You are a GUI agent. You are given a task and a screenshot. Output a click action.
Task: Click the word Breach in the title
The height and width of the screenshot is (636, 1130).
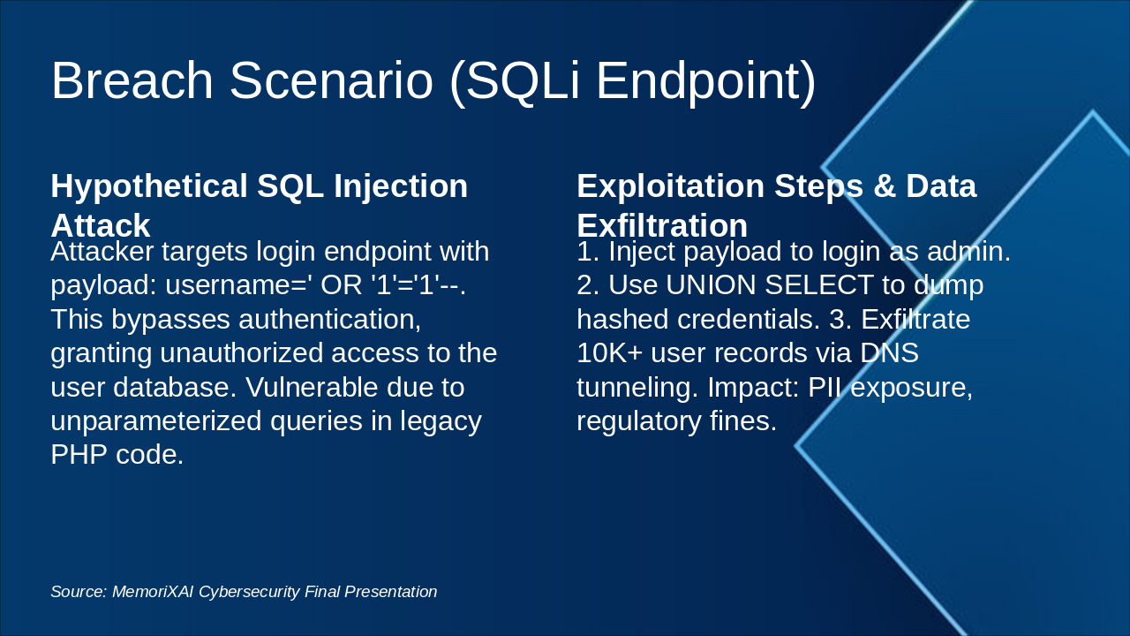[x=132, y=80]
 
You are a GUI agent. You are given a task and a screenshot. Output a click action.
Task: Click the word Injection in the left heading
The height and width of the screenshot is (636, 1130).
[x=401, y=187]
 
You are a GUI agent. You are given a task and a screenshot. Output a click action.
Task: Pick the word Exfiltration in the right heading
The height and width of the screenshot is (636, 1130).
[x=662, y=225]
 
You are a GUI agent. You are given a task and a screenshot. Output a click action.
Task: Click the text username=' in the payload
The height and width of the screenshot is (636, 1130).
[x=237, y=284]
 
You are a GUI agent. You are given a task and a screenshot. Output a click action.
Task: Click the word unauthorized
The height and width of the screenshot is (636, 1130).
[x=242, y=352]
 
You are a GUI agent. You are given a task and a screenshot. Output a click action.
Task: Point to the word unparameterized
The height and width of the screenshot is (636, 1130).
[x=156, y=421]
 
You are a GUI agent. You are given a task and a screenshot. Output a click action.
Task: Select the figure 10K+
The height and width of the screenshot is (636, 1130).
[x=609, y=352]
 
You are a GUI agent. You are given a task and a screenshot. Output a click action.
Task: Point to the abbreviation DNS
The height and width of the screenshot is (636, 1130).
[x=889, y=352]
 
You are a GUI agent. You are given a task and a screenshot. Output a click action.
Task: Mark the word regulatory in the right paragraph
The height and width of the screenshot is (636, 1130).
[x=638, y=421]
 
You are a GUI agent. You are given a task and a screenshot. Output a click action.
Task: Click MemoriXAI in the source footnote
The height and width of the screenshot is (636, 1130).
[x=153, y=592]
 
